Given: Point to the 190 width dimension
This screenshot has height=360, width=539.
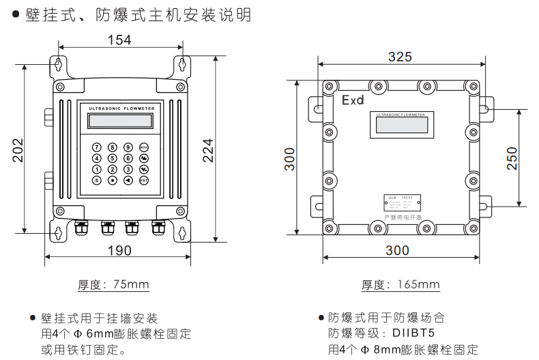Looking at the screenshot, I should (120, 251).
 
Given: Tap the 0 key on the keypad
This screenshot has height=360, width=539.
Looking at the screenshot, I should (96, 181).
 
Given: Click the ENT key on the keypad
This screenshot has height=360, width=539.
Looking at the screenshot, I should (144, 181).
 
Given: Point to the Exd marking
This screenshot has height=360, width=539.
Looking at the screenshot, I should (353, 100).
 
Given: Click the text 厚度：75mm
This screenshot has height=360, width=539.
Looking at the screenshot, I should (114, 284).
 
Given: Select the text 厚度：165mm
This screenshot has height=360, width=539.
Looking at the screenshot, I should (400, 284).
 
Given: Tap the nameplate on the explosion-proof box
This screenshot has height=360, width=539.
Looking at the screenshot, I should (401, 203).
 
